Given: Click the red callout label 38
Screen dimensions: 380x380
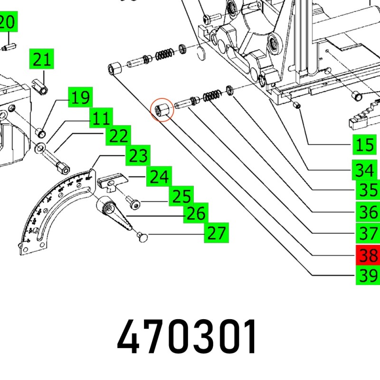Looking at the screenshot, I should [368, 256].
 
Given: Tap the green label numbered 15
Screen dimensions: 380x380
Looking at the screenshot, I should [364, 144].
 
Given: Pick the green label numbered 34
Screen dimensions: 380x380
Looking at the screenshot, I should [364, 170].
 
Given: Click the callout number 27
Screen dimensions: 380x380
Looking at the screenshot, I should [216, 233].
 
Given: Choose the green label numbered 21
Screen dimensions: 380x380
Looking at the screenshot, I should [42, 60].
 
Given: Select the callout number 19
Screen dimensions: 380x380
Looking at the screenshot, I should [80, 98].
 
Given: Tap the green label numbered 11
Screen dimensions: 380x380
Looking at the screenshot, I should [101, 118].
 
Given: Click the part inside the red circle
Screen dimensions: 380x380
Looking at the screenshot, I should [161, 110].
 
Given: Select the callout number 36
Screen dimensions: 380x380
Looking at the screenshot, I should [368, 212].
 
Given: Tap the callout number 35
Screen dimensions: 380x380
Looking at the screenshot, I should [368, 190].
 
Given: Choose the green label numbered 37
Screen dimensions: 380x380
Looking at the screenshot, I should [368, 234].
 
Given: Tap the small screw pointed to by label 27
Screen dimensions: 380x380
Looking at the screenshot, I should [142, 236].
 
